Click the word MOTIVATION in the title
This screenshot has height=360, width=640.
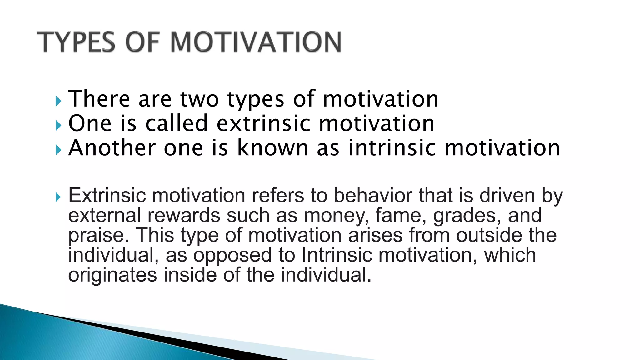[256, 42]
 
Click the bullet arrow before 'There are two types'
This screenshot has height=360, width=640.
[58, 101]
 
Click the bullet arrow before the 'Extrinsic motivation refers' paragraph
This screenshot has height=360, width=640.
[58, 197]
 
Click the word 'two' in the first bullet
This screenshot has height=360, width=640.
[199, 99]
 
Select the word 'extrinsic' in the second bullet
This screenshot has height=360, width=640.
[263, 123]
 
